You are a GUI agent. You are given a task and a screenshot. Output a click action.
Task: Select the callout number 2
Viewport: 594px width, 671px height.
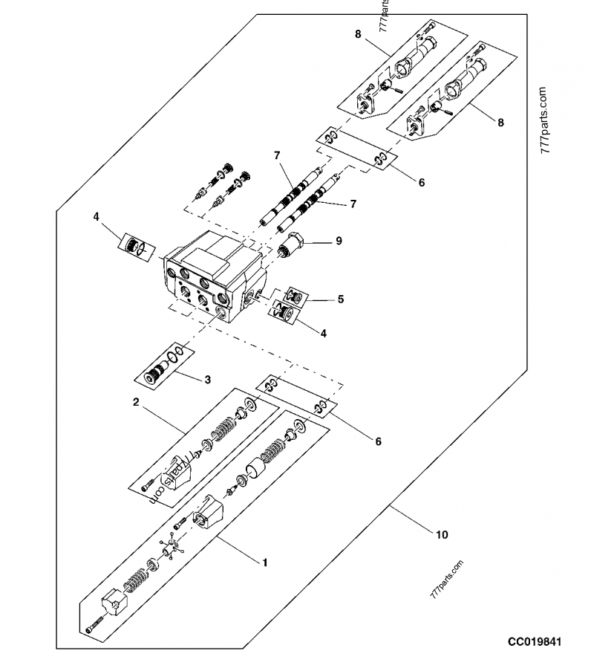[137, 402]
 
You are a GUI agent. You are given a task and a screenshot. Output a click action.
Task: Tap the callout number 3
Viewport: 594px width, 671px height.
[208, 380]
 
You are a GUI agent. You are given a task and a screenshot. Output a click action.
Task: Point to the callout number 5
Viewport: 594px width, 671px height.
[341, 299]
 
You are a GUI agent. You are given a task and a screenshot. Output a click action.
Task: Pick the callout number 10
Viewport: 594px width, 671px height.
[443, 534]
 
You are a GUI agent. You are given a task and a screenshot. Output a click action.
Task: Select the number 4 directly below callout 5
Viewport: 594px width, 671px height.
[323, 334]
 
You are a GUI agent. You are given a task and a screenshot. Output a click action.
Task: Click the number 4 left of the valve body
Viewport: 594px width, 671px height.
[96, 217]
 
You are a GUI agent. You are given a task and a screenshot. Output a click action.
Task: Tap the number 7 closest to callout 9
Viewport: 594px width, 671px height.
[353, 203]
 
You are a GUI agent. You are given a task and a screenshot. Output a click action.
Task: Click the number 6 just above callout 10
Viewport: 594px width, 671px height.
[378, 441]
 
